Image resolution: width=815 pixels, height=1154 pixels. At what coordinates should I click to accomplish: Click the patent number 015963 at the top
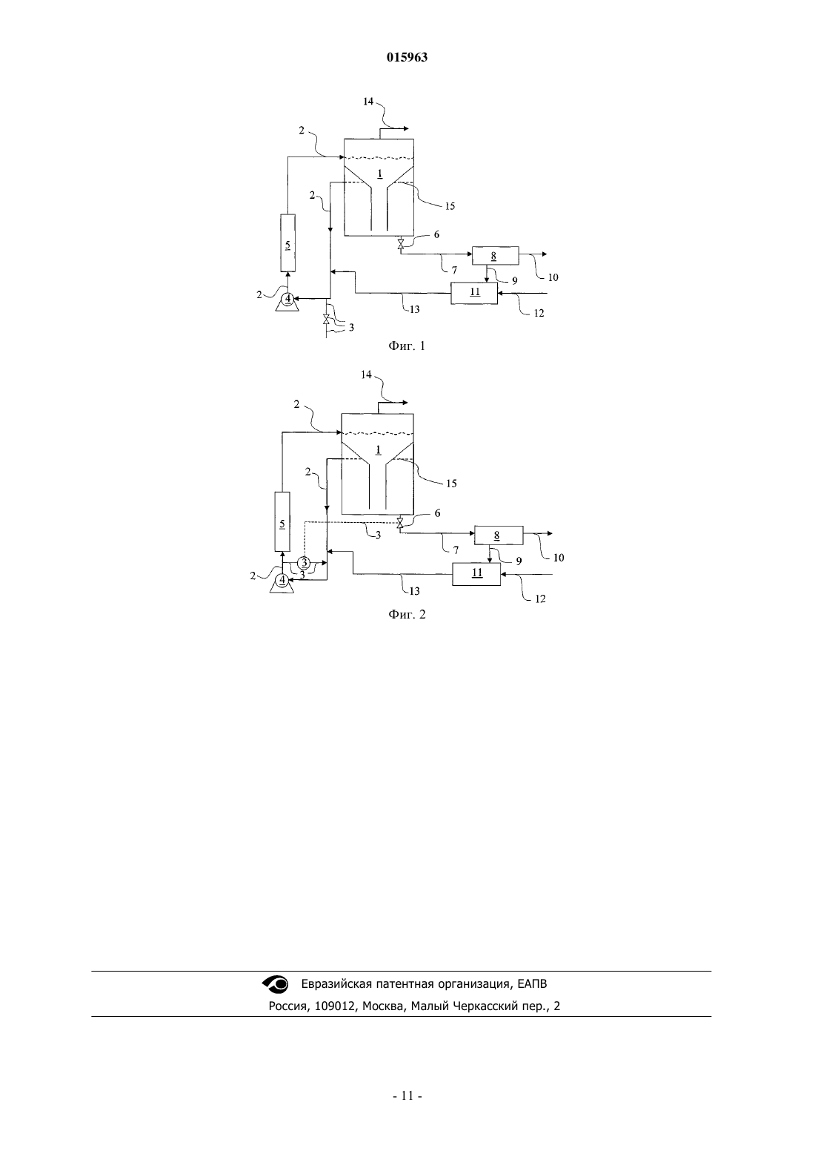pos(407,57)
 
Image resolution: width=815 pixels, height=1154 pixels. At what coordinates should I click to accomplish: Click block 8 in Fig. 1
pos(495,256)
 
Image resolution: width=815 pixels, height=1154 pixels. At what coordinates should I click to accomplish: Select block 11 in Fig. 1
pos(474,293)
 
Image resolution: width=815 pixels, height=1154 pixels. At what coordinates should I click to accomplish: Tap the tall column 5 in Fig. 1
pos(287,243)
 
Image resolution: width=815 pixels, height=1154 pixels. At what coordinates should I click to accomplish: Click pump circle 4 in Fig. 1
pos(287,298)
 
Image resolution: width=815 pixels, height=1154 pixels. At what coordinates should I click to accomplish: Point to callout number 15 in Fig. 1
pos(450,207)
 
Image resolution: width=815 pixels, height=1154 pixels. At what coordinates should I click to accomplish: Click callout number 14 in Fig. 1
pos(368,102)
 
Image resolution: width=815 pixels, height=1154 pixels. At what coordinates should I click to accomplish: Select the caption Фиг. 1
pos(407,346)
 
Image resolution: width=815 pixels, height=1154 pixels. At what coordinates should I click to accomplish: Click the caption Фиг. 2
pos(407,615)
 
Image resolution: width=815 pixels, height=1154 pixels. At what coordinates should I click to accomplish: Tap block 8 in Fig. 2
pos(498,535)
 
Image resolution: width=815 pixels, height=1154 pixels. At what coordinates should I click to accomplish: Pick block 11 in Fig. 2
pos(476,574)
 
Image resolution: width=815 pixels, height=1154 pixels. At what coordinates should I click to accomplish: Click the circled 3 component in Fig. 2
pos(304,562)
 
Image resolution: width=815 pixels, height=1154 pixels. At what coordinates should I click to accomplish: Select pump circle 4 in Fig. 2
pos(282,580)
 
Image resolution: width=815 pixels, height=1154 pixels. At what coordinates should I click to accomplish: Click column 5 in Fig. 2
pos(282,521)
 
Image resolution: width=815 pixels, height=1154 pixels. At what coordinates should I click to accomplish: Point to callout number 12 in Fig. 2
pos(540,599)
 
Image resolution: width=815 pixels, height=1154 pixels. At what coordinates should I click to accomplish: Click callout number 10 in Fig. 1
pos(553,277)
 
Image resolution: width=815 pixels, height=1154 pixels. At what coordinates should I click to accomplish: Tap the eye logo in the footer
pos(276,984)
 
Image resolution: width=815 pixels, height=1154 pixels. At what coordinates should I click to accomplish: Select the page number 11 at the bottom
pos(408,1096)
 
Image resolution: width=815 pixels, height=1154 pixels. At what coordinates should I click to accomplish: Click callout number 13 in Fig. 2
pos(414,591)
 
